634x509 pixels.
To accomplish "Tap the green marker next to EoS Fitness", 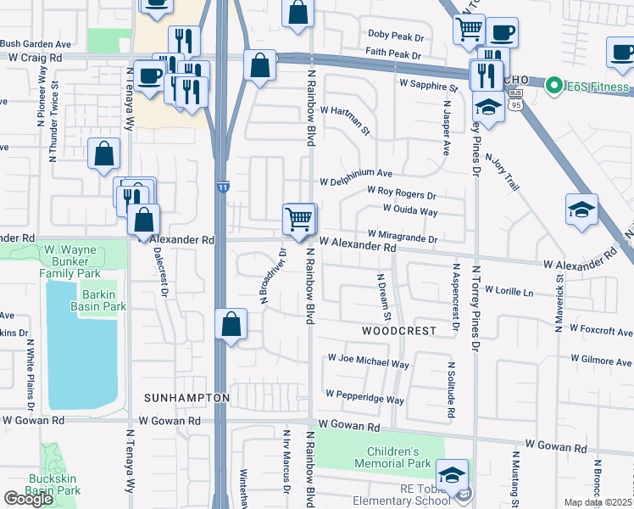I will coord(554,86).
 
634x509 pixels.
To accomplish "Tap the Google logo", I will coord(29,498).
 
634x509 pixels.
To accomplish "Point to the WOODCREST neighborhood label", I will coord(398,330).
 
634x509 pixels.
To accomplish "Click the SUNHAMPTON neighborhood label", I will coord(186,397).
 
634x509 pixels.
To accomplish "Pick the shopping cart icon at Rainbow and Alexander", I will coord(298,219).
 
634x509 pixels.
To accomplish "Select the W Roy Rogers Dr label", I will coord(401,194).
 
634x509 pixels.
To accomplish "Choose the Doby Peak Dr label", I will coord(395,35).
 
